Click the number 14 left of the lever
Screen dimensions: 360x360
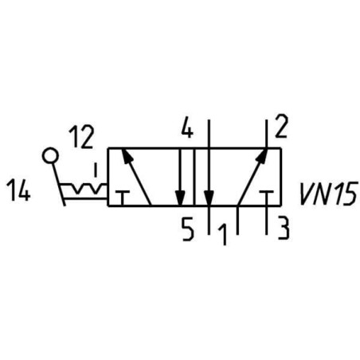pos(18,190)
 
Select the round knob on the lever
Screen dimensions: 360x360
pos(50,156)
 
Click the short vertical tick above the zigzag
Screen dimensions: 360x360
pos(96,170)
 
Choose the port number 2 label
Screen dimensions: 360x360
pos(281,126)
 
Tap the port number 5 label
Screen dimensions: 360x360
pos(188,229)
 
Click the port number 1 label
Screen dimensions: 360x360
pos(222,234)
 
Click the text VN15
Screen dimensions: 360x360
pos(328,194)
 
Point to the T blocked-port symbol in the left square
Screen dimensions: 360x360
pos(122,198)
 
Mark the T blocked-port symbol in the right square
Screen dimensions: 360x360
pos(267,198)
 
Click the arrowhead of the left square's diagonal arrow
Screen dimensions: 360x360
pos(127,155)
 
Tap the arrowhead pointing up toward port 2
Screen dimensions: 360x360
pos(261,155)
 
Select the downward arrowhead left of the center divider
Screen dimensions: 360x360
pos(181,198)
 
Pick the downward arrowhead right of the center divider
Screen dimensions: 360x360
pos(209,198)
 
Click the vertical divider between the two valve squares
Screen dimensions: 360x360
pos(194,177)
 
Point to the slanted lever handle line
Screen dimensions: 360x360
pos(58,184)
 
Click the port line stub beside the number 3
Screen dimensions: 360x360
pos(266,220)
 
